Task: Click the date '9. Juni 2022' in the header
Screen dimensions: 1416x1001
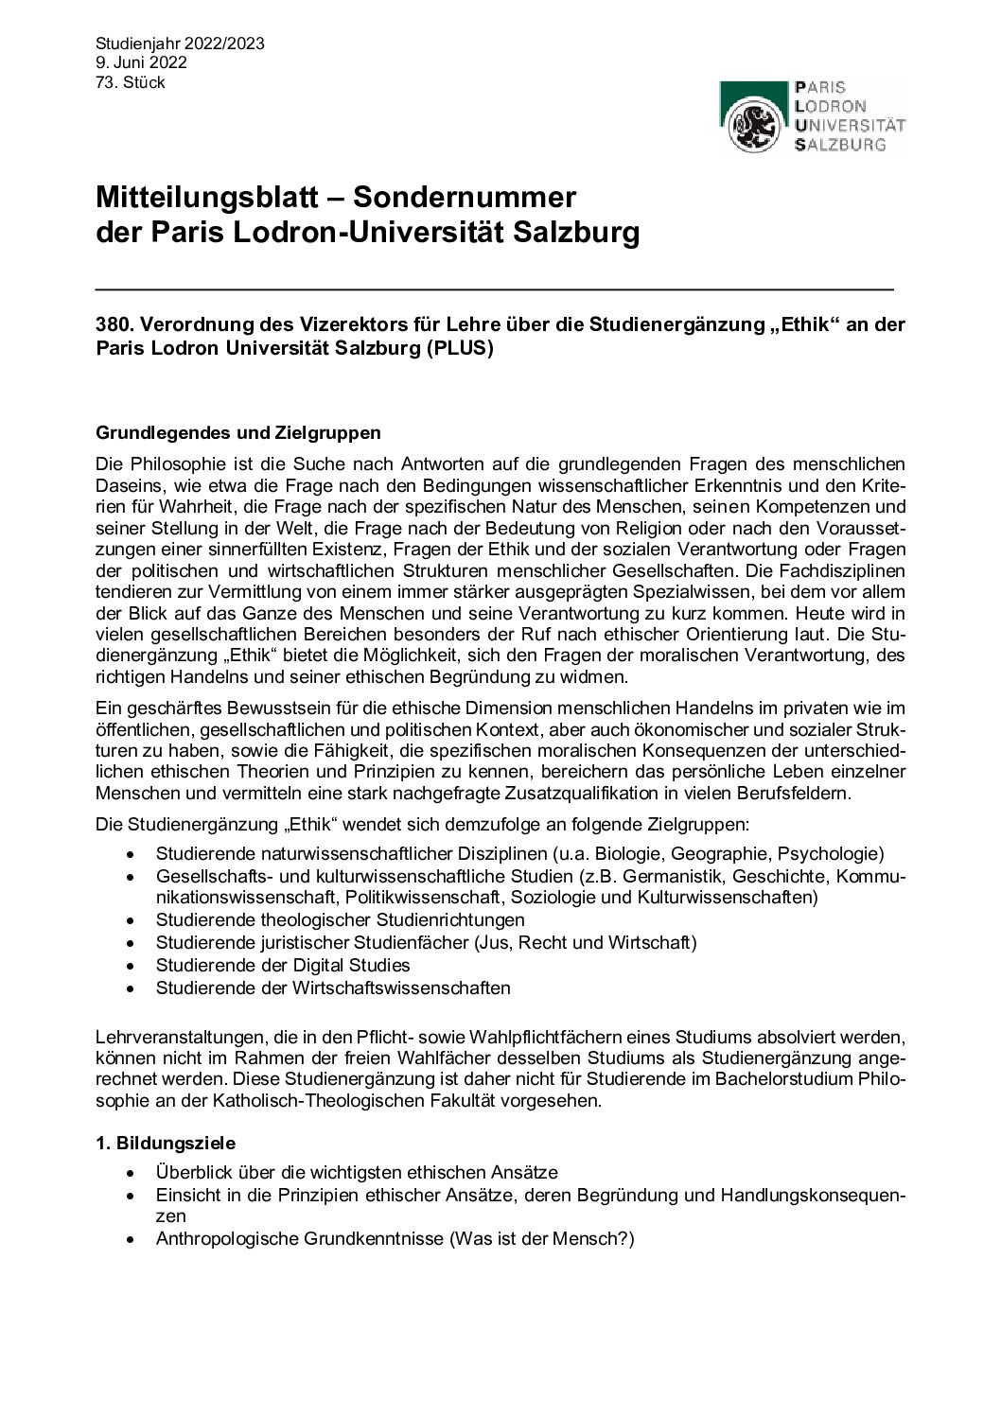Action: pos(141,62)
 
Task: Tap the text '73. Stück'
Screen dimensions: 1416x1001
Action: pos(131,82)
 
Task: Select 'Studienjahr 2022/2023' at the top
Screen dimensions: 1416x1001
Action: pos(180,44)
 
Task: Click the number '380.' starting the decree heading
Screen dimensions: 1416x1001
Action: pos(114,324)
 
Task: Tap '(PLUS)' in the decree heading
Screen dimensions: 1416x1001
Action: pos(459,348)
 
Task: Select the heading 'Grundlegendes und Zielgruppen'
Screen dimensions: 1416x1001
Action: pos(238,433)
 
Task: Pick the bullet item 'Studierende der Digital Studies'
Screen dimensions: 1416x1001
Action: pos(283,965)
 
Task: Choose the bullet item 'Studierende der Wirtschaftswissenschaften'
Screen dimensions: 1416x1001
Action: pos(333,988)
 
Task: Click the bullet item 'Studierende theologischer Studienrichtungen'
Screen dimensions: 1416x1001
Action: pos(340,919)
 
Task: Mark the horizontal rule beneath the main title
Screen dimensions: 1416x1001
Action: pos(494,287)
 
